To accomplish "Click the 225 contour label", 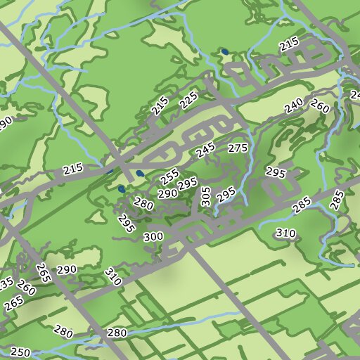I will tap(188, 101).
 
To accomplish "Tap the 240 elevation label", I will tap(294, 106).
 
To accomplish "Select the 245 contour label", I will tap(205, 150).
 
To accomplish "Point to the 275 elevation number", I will tap(238, 148).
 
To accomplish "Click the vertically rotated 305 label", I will tap(205, 195).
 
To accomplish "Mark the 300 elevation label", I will tap(153, 237).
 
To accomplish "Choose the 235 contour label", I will tap(6, 285).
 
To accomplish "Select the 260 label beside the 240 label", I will tap(320, 107).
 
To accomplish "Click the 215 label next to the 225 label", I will tap(160, 106).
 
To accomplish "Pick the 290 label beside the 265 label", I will tap(67, 270).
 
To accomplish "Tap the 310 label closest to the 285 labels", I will tap(285, 233).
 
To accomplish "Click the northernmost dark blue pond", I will tap(224, 51).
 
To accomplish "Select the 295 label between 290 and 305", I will tap(188, 184).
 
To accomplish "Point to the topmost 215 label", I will tap(289, 44).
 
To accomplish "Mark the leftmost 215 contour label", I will tap(72, 169).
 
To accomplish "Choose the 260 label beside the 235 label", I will tap(26, 288).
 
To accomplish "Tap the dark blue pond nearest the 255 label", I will tap(140, 173).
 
